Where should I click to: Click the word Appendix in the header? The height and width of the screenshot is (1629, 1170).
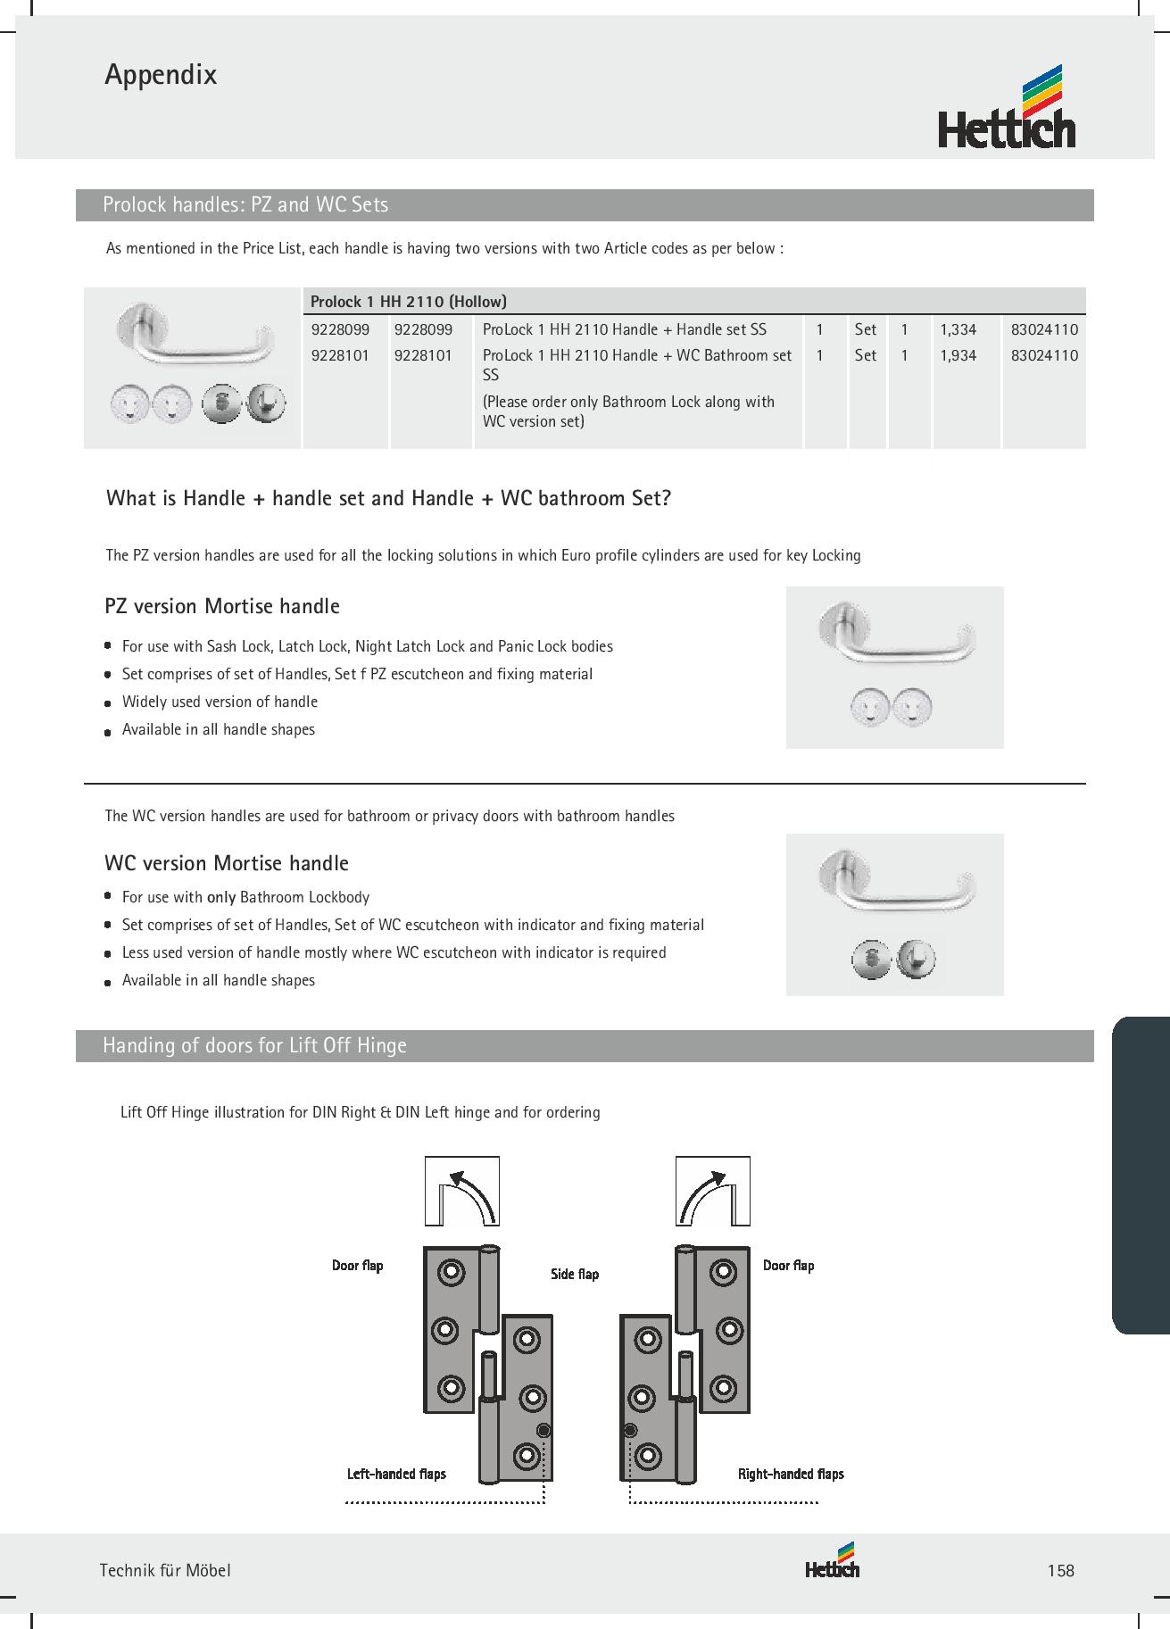click(161, 74)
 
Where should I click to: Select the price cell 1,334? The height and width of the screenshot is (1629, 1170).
click(958, 329)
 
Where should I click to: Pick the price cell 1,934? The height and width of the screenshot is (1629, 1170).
click(958, 355)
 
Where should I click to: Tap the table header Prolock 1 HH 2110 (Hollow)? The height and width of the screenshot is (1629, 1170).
click(408, 302)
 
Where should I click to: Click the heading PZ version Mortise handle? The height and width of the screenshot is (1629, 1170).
click(222, 606)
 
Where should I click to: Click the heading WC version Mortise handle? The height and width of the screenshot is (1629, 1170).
click(227, 863)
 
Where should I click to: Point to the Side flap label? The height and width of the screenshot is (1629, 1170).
click(575, 1274)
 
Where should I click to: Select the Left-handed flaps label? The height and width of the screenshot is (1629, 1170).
click(396, 1474)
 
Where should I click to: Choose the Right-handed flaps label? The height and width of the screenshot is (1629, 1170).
click(791, 1474)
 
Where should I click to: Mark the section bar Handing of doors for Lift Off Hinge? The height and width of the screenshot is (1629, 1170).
click(254, 1045)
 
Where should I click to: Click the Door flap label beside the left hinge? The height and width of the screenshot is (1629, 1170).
click(357, 1265)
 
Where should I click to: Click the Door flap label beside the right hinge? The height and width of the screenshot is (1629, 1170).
click(788, 1265)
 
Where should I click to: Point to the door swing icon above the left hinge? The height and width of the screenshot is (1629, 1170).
click(461, 1191)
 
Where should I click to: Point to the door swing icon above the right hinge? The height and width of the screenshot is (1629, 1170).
click(712, 1191)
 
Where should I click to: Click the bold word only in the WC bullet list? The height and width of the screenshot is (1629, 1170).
click(221, 897)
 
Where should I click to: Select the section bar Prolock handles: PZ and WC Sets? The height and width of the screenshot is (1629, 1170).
click(245, 204)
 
